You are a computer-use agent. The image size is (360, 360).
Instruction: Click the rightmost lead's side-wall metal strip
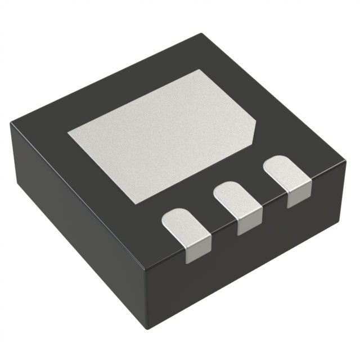click(298, 197)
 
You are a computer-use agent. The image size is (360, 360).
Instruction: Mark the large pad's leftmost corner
click(69, 133)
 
